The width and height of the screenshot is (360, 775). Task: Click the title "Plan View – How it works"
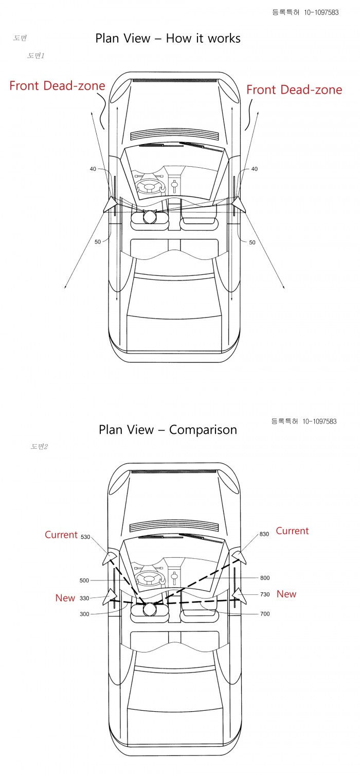pos(168,38)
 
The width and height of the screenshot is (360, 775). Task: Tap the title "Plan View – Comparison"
pos(168,430)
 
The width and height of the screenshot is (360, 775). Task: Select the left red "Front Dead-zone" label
pos(57,86)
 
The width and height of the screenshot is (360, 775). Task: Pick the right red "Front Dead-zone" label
pos(294,90)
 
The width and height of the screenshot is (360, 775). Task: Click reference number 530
pos(85,537)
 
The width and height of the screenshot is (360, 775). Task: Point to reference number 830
pos(264,534)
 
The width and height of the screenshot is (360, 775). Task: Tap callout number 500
pos(84,580)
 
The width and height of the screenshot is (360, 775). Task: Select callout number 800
pos(265,578)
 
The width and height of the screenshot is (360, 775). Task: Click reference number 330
pos(84,598)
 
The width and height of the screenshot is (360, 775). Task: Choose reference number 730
pos(265,594)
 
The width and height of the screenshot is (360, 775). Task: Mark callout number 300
pos(84,614)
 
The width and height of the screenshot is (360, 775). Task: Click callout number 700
pos(265,614)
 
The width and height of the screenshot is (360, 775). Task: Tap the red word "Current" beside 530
pos(61,535)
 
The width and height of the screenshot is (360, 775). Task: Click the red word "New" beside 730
pos(286,594)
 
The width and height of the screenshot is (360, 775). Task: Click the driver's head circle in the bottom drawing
pos(149,609)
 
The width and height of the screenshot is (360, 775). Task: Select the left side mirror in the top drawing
pos(110,204)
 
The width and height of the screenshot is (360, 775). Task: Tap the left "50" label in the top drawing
pos(98,242)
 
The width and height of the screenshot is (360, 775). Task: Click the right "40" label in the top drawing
pos(254,169)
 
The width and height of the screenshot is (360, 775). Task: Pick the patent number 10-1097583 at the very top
pos(321,12)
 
